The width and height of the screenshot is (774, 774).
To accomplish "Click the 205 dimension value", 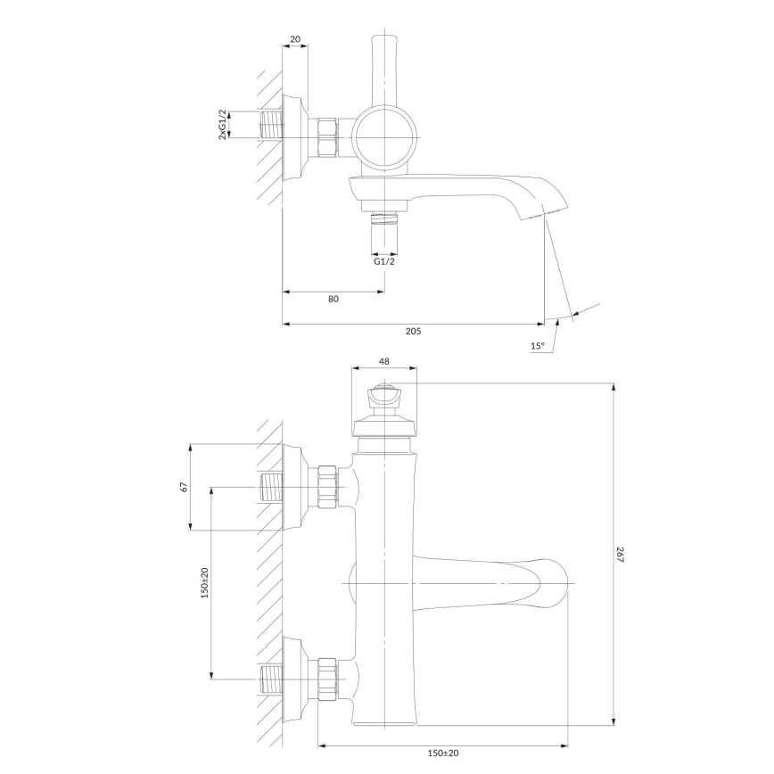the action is click(413, 331).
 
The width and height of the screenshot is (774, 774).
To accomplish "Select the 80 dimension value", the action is click(333, 299).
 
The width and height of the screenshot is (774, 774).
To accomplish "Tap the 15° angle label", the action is click(538, 346).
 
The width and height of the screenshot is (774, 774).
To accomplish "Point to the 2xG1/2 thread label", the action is click(223, 125).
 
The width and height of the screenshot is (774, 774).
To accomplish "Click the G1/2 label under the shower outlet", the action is click(384, 261).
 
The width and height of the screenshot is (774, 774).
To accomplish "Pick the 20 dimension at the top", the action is click(294, 39).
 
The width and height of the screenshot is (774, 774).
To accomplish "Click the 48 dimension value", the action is click(384, 361).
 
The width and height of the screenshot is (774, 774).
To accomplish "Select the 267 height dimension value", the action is click(621, 555).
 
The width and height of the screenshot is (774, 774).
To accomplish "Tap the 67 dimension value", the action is click(184, 487).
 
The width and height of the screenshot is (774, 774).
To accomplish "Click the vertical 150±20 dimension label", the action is click(205, 583).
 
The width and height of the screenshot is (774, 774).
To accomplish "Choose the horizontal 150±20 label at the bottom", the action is click(443, 753).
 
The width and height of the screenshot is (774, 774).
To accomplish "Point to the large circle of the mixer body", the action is click(384, 137).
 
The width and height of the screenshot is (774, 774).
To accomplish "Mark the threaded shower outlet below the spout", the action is click(384, 218).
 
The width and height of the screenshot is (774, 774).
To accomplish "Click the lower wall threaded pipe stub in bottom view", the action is click(271, 679).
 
